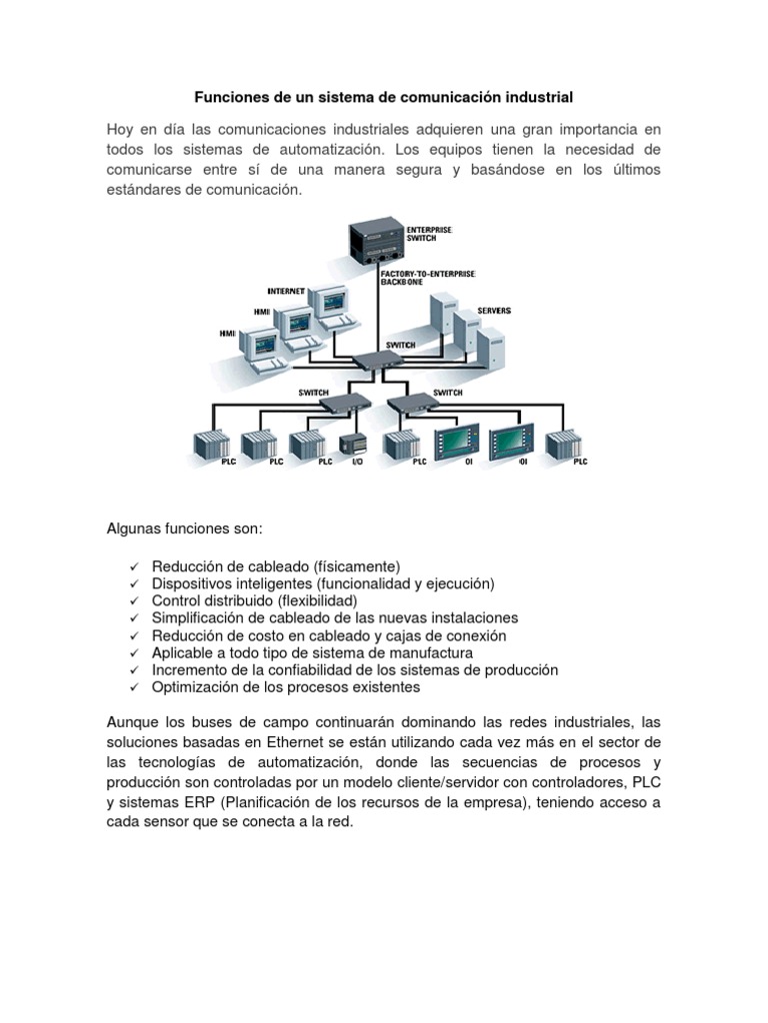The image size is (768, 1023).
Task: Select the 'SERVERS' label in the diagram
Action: tap(494, 311)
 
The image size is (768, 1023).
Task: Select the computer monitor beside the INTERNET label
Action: tap(328, 303)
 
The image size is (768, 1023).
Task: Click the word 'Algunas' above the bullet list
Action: tap(132, 527)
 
